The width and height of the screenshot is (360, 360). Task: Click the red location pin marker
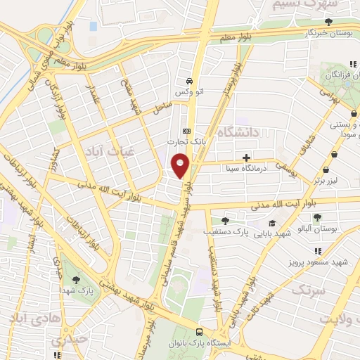[x=181, y=166]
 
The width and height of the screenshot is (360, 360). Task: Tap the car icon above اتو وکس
[x=188, y=80]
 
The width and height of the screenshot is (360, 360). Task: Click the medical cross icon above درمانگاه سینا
[x=245, y=157]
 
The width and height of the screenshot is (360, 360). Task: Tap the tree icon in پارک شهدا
[x=75, y=280]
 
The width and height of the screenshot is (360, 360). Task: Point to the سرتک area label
[x=309, y=290]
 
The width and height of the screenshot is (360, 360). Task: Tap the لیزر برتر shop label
[x=327, y=180]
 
